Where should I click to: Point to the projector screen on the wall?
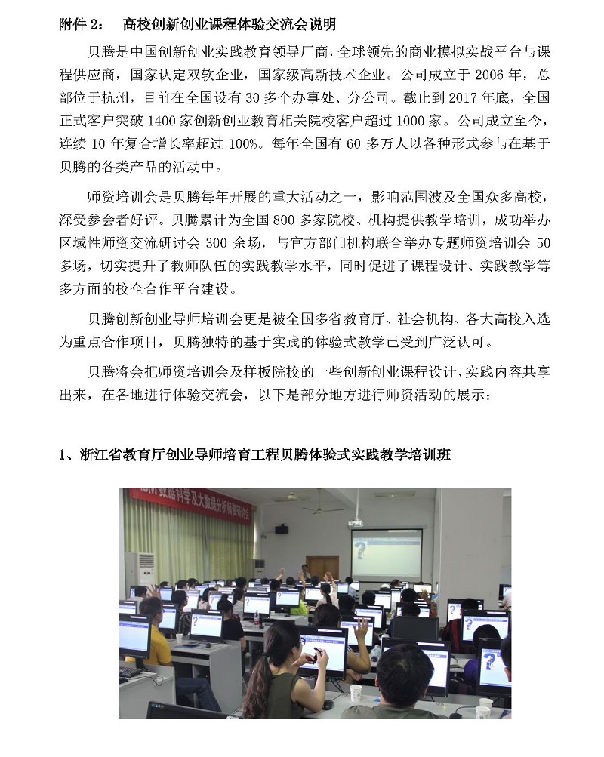pyautogui.click(x=386, y=553)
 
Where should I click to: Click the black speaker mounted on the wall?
pyautogui.click(x=282, y=528)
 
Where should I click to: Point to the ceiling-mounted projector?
pyautogui.click(x=355, y=522)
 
